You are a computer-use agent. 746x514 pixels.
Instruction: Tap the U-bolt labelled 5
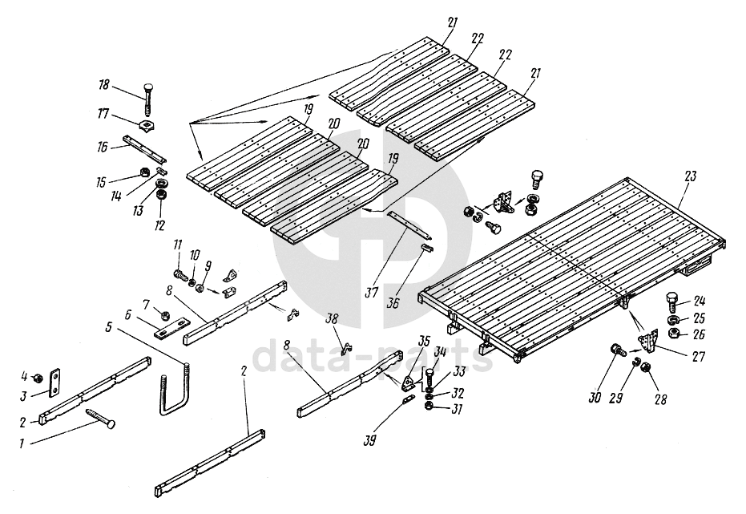[175, 393]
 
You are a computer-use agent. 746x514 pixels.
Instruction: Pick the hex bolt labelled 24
[672, 303]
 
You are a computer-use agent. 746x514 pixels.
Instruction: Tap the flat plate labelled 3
[54, 381]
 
